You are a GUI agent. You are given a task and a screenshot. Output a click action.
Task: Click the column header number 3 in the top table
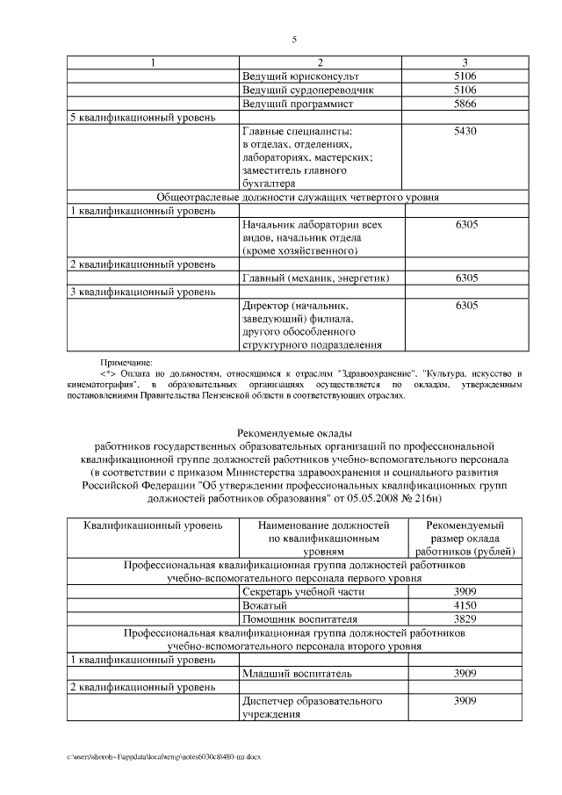(464, 62)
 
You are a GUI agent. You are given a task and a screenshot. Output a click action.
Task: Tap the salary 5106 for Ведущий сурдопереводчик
(464, 90)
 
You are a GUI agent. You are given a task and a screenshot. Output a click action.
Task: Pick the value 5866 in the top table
(464, 104)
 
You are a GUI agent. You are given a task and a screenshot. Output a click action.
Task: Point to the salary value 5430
(464, 131)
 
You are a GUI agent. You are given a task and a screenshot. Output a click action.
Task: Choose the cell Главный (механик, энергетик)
(315, 278)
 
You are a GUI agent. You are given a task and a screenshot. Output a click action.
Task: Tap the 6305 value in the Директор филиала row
(464, 305)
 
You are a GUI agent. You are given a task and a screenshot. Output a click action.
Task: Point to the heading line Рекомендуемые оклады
(294, 433)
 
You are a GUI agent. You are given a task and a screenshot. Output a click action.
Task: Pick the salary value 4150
(464, 605)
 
